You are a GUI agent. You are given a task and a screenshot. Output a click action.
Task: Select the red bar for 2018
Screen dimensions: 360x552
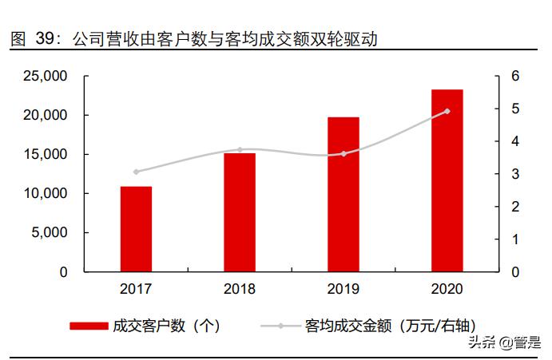(x=240, y=212)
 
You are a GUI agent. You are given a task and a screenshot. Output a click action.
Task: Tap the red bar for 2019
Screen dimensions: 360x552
(x=344, y=195)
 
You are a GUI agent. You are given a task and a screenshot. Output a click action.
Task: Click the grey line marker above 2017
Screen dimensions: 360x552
(x=136, y=172)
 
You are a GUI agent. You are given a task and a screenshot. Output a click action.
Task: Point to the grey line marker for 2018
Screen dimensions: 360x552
(x=240, y=150)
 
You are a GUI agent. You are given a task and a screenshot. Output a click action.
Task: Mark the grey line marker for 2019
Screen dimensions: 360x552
(x=344, y=154)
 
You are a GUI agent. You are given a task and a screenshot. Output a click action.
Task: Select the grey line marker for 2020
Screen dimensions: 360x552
(x=447, y=111)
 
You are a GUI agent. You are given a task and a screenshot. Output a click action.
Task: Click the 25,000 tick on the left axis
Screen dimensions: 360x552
(x=45, y=77)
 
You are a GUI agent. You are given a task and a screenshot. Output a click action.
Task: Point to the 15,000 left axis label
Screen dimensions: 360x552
(x=45, y=155)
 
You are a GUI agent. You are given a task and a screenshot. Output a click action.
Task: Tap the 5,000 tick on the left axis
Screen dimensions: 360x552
(x=50, y=233)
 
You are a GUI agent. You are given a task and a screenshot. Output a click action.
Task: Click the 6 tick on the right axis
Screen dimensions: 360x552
(x=516, y=77)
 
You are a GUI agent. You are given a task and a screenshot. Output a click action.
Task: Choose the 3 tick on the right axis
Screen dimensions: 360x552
(x=516, y=174)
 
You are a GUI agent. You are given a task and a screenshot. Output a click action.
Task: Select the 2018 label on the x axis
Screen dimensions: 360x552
(x=240, y=289)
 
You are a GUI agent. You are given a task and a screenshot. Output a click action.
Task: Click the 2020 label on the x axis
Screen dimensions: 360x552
(x=447, y=289)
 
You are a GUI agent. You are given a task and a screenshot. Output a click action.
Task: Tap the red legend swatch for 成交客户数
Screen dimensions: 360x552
(x=89, y=326)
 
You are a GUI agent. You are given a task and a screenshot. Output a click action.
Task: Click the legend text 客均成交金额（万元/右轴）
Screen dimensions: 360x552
(x=391, y=326)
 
